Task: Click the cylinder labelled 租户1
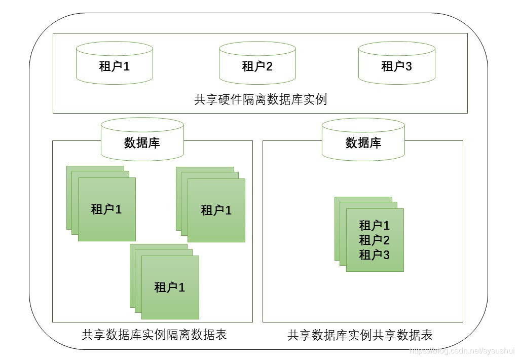click(114, 65)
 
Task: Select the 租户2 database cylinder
click(257, 65)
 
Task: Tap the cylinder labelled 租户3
click(396, 65)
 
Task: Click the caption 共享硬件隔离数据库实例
click(260, 99)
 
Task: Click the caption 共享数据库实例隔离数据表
click(154, 335)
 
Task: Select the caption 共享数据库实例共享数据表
click(360, 335)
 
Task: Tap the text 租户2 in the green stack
click(375, 240)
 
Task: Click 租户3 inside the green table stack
click(375, 255)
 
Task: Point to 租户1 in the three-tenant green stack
click(375, 226)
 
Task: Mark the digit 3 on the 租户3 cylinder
click(408, 65)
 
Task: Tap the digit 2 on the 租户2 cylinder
click(269, 65)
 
